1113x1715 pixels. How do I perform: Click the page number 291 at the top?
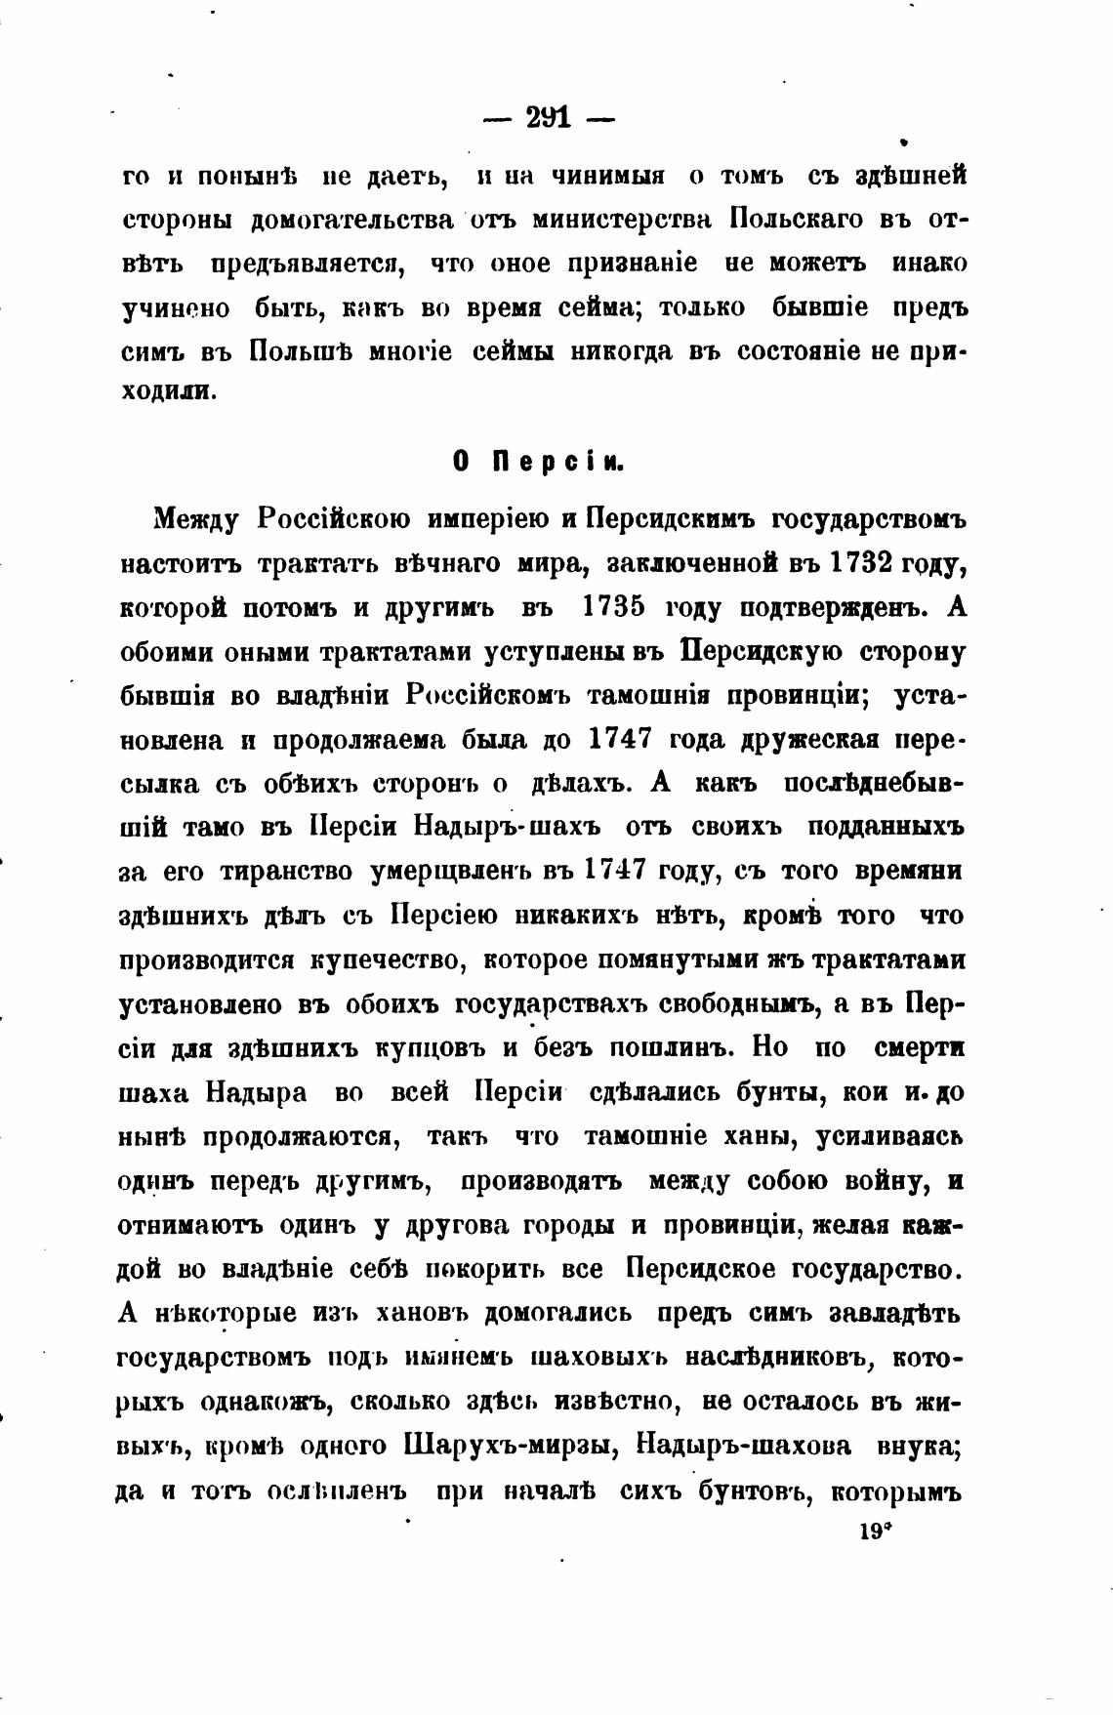coord(550,118)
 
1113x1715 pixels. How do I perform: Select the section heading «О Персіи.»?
coord(538,463)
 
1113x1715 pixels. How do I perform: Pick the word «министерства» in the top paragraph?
coord(626,220)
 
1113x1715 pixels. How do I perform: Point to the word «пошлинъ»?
coord(664,1047)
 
